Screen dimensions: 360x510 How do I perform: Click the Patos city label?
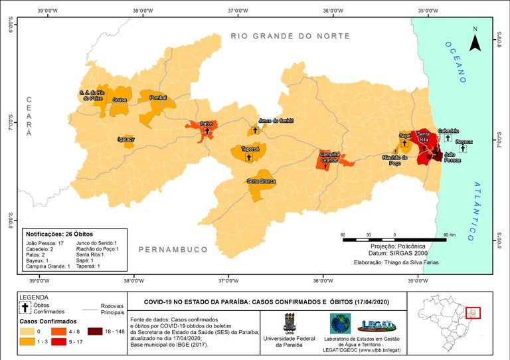coord(206,124)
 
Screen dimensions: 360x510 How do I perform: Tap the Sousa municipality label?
coord(120,100)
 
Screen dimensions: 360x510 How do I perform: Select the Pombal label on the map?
coord(158,97)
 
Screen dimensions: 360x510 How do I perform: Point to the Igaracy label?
coord(126,139)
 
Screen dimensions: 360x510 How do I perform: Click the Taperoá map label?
coord(250,149)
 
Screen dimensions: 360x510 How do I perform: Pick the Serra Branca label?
coord(261,181)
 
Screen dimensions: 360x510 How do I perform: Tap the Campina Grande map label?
coord(330,157)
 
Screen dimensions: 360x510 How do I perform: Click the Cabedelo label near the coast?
coord(448,131)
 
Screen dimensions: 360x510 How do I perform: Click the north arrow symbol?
coord(475,40)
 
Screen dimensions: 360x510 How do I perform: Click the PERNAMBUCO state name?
coord(173,249)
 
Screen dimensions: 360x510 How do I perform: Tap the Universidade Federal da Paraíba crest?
coord(290,324)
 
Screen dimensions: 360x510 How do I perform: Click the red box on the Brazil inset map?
coord(472,312)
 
